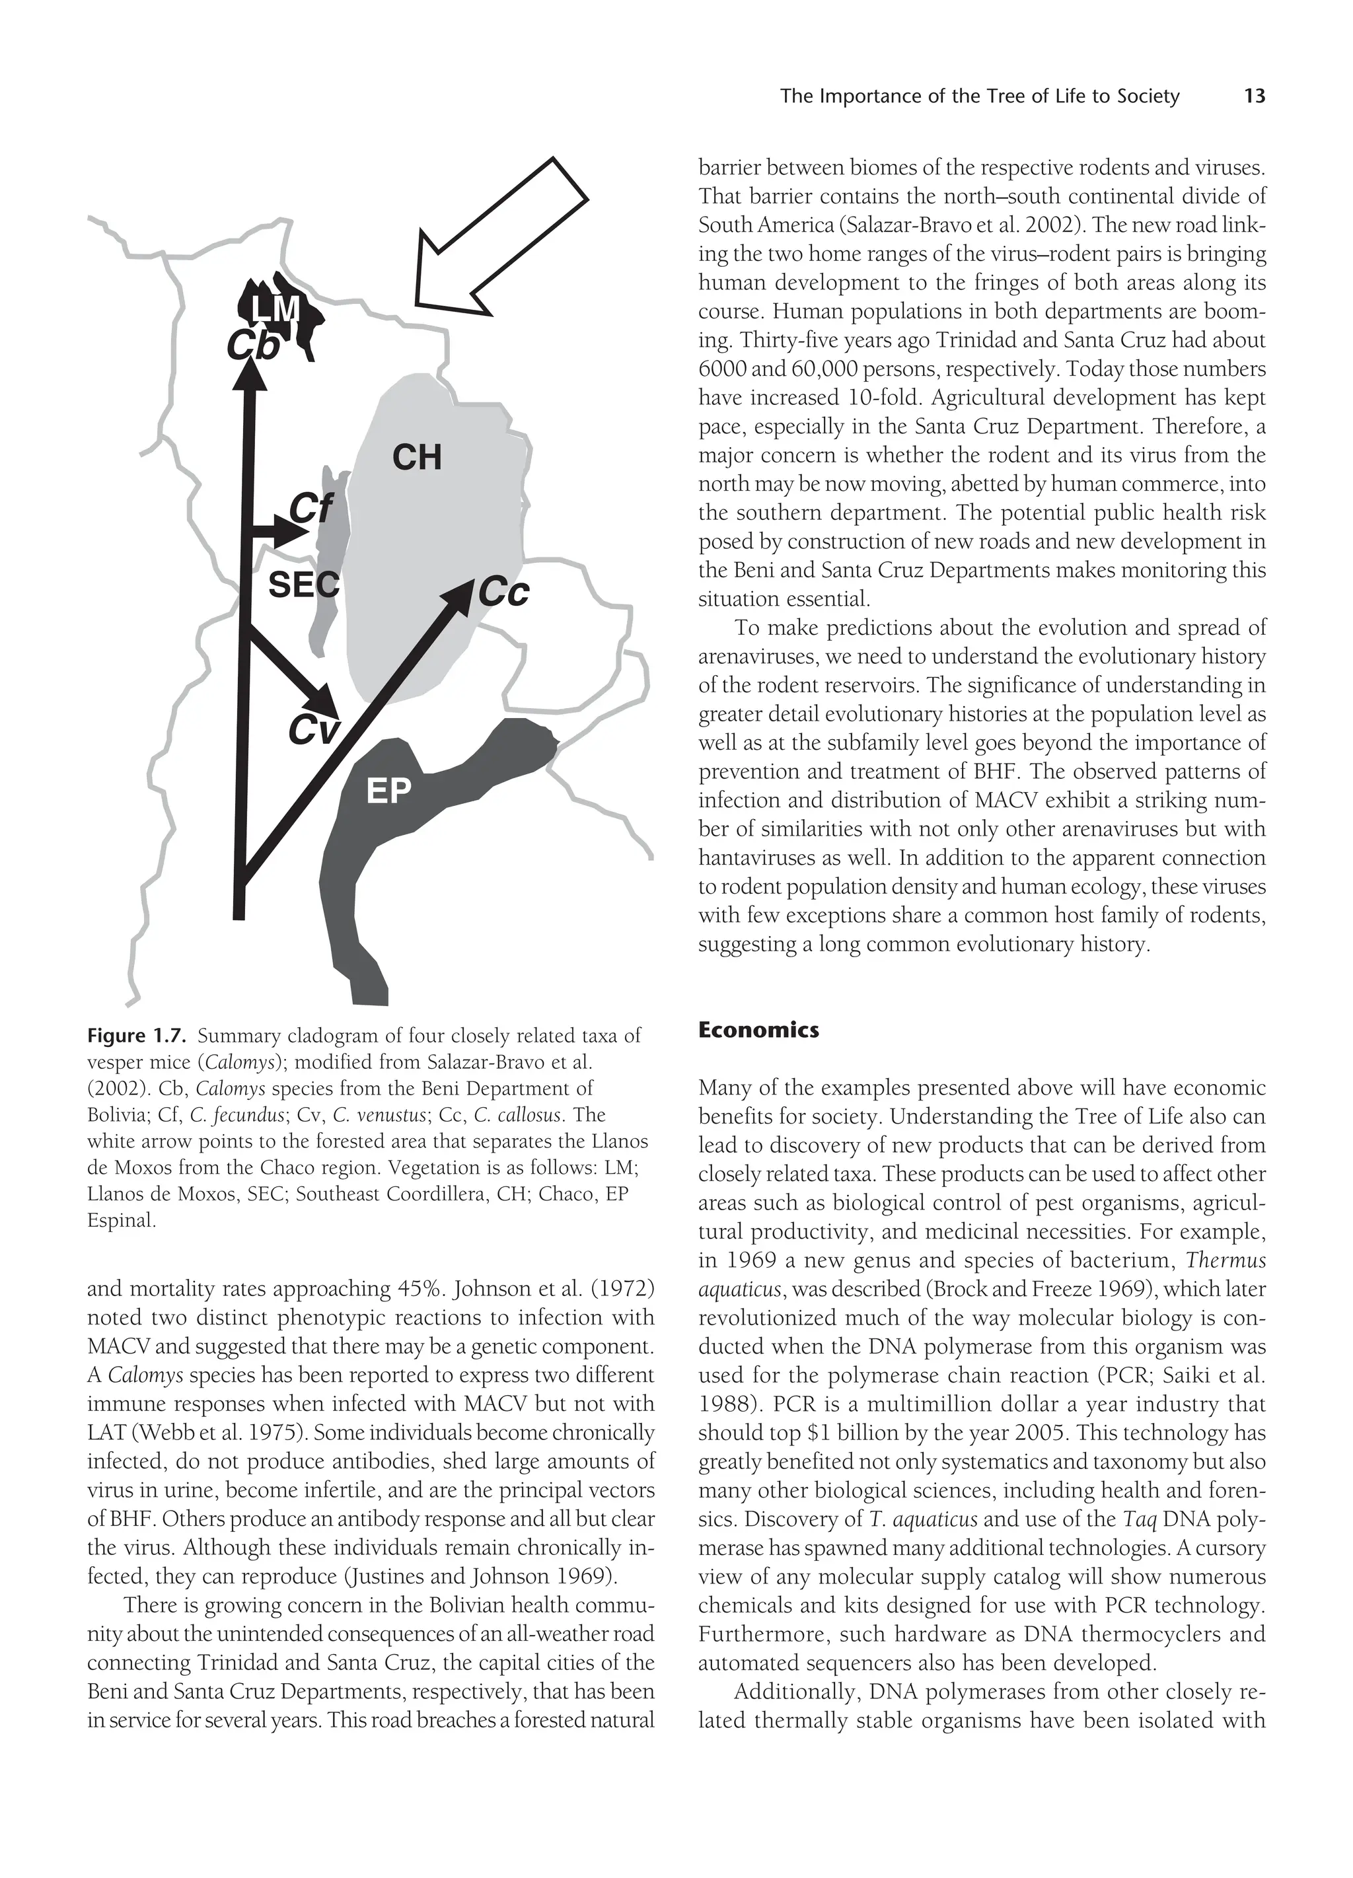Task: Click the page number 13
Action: tap(1255, 97)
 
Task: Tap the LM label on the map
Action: tap(275, 309)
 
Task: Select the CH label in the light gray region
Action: tap(416, 457)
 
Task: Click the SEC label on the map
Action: tap(303, 585)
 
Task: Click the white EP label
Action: tap(388, 791)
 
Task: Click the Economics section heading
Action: tap(758, 1030)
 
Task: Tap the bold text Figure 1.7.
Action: tap(137, 1036)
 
